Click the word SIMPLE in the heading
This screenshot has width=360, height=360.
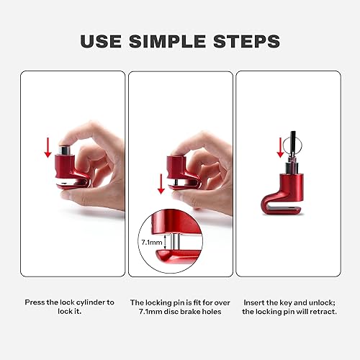click(180, 40)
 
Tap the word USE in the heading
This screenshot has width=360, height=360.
click(106, 40)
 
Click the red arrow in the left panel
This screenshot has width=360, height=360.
click(48, 148)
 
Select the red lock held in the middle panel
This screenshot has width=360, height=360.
click(179, 173)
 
